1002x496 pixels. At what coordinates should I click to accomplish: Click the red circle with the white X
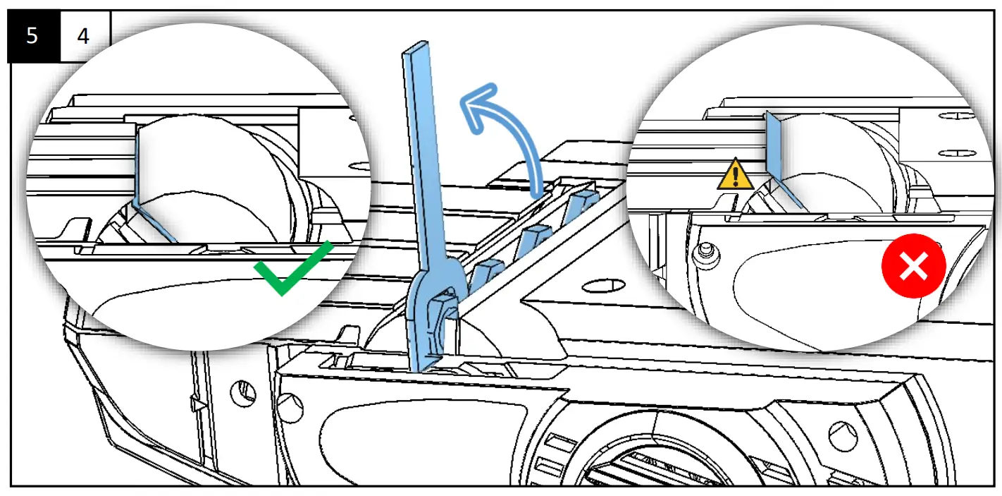(x=913, y=267)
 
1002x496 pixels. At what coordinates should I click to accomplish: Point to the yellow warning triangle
(x=735, y=174)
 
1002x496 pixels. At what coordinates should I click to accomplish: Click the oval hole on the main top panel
(x=604, y=286)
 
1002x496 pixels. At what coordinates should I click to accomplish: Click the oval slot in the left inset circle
(x=360, y=168)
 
